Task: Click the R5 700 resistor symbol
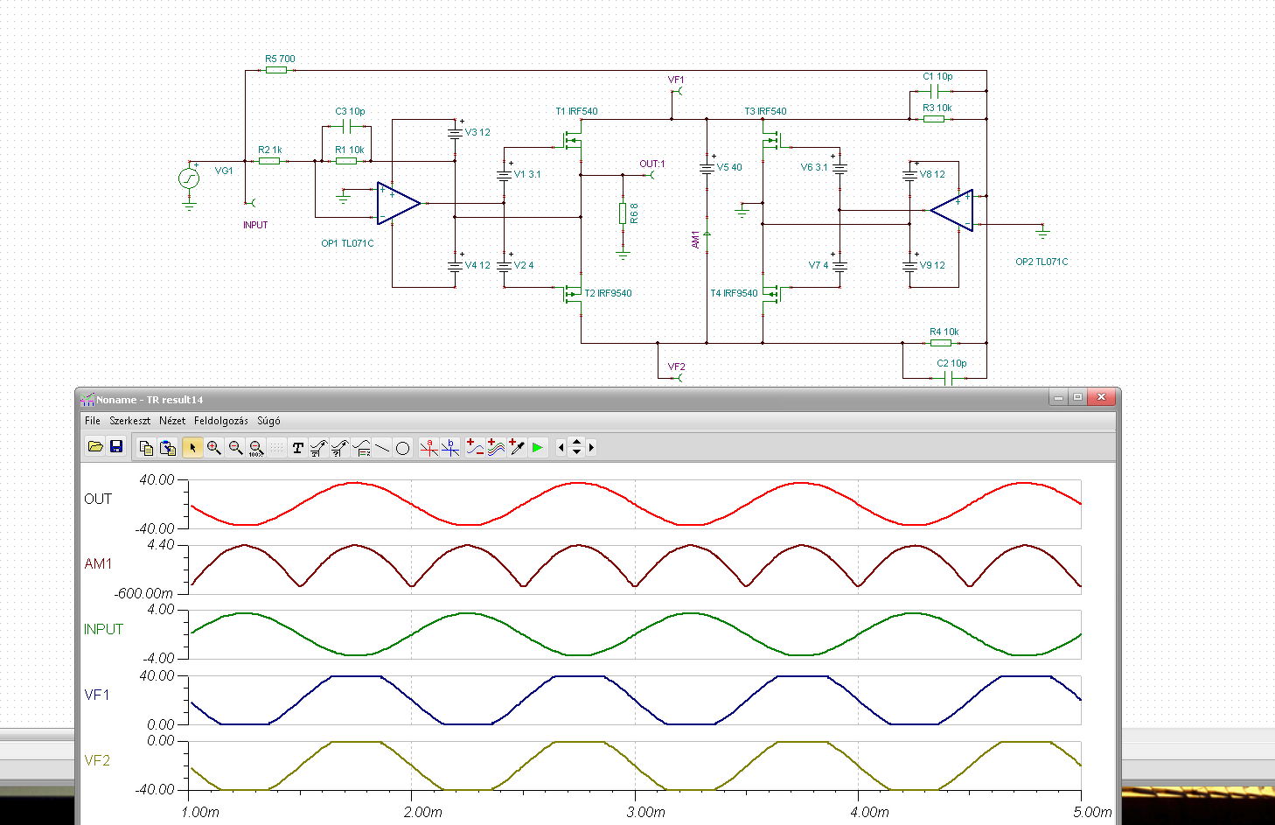[x=276, y=70]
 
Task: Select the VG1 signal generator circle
[x=189, y=178]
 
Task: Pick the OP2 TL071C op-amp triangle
[x=951, y=210]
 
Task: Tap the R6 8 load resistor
[x=623, y=213]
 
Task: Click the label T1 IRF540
[x=576, y=111]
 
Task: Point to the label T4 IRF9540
[x=735, y=293]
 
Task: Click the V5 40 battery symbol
[x=707, y=168]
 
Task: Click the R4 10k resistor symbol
[x=941, y=343]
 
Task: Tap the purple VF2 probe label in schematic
[x=676, y=367]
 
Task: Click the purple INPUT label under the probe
[x=255, y=225]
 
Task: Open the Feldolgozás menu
[x=221, y=421]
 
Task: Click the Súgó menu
[x=268, y=421]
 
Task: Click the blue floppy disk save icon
[x=116, y=447]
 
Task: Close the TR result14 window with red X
[x=1101, y=397]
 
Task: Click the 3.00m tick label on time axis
[x=645, y=812]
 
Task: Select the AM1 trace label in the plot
[x=98, y=563]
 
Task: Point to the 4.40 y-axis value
[x=161, y=545]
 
